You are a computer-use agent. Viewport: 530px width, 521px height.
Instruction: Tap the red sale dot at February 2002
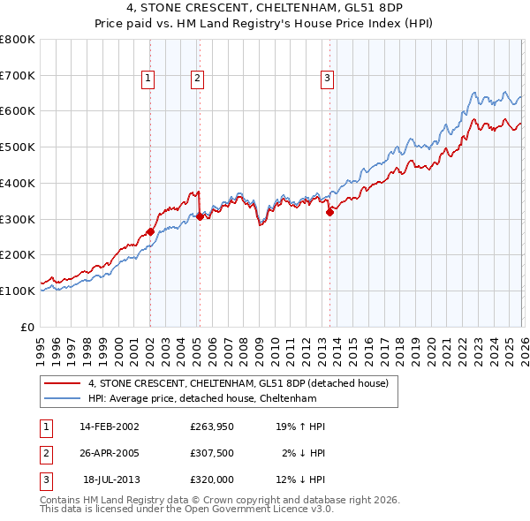pyautogui.click(x=150, y=231)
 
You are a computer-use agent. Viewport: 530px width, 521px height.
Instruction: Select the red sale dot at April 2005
pyautogui.click(x=200, y=215)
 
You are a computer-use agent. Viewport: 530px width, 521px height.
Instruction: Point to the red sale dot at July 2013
pyautogui.click(x=329, y=211)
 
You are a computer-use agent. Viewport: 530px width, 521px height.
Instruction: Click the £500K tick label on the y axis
pyautogui.click(x=18, y=147)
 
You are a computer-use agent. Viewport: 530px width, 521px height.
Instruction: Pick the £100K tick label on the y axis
pyautogui.click(x=18, y=291)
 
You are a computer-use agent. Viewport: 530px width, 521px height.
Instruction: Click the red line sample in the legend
pyautogui.click(x=64, y=383)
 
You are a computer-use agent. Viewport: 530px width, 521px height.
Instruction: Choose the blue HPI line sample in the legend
pyautogui.click(x=64, y=398)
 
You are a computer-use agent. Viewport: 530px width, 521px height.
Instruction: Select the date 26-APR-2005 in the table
pyautogui.click(x=110, y=453)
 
